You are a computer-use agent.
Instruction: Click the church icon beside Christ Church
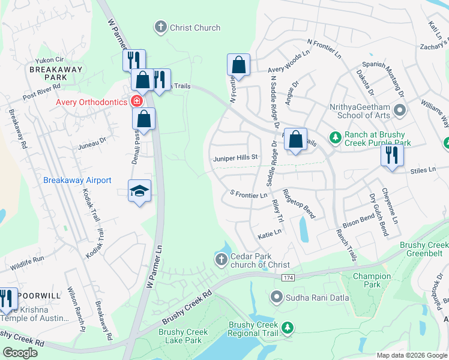[x=160, y=27]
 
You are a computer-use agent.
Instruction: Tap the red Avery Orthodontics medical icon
[x=137, y=101]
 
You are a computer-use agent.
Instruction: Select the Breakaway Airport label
[x=77, y=180]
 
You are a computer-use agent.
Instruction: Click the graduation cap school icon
[x=139, y=191]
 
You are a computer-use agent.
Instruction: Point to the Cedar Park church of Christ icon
[x=221, y=259]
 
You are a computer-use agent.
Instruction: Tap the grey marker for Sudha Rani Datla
[x=276, y=296]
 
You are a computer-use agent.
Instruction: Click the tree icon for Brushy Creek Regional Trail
[x=288, y=327]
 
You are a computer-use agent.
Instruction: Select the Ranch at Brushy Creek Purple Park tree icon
[x=336, y=137]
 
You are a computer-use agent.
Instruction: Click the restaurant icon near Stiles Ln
[x=392, y=155]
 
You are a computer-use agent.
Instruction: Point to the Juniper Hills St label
[x=235, y=158]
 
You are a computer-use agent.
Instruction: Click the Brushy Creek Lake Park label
[x=183, y=336]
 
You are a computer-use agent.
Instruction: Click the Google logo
[x=20, y=353]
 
